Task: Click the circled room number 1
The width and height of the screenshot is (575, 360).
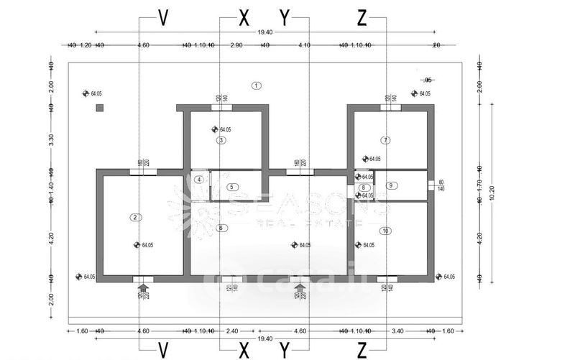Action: click(x=256, y=86)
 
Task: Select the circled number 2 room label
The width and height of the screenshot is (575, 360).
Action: click(x=134, y=216)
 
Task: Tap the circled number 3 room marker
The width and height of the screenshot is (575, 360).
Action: click(x=222, y=140)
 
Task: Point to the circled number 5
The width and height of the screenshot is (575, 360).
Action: click(x=231, y=187)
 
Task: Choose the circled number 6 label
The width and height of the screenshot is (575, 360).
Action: click(x=221, y=229)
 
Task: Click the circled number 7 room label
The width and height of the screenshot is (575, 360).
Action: click(x=386, y=140)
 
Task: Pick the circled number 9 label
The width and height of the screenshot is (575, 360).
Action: click(x=391, y=185)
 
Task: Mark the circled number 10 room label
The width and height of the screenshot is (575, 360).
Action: click(x=386, y=231)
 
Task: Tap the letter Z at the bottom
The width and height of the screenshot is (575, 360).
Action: click(x=362, y=349)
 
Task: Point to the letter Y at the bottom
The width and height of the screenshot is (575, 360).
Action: click(x=285, y=349)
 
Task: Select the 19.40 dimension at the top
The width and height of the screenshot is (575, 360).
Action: click(x=264, y=32)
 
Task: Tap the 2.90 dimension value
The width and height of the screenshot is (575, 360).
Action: click(x=235, y=45)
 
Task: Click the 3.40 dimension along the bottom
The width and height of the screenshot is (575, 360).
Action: click(x=398, y=331)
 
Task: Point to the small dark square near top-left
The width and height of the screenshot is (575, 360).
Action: click(x=101, y=109)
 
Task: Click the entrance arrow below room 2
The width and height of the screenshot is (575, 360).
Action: click(x=142, y=288)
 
